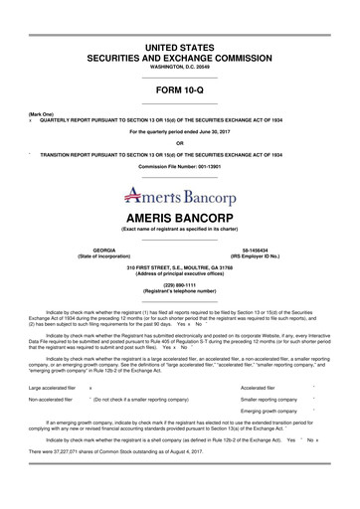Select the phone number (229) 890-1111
point(179,279)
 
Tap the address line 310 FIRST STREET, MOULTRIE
point(179,263)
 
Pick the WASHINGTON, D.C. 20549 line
point(179,68)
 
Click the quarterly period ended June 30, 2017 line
point(179,130)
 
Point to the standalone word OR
point(179,142)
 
